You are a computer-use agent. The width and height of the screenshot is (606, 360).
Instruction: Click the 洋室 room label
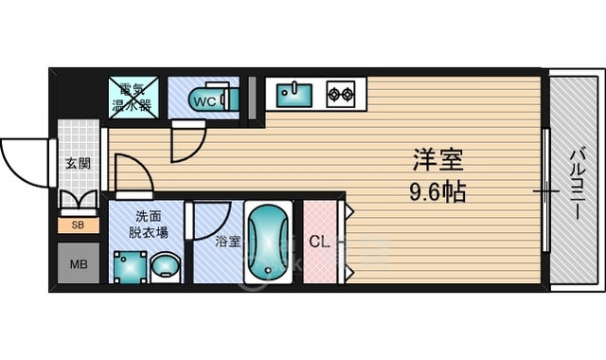(437, 160)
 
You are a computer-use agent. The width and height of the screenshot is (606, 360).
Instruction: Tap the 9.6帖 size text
(437, 191)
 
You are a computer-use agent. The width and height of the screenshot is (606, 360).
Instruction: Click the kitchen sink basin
(294, 95)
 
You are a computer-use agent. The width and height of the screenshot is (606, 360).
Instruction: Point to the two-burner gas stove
(341, 94)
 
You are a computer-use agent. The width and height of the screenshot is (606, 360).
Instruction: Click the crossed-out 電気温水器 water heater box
(134, 98)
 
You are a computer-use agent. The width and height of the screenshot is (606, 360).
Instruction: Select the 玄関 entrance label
(78, 164)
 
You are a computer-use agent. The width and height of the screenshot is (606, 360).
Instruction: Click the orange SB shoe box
(79, 225)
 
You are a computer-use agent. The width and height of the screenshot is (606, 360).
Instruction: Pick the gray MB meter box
(79, 263)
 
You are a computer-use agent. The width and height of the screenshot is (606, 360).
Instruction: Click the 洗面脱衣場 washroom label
(148, 225)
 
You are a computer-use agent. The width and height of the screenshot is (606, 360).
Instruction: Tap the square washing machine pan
(131, 267)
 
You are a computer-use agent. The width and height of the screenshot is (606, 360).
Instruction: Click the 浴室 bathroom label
(228, 242)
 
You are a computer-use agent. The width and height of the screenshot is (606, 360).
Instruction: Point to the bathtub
(268, 243)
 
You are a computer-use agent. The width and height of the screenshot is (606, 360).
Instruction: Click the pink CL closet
(320, 242)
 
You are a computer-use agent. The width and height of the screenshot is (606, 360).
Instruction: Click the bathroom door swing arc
(223, 229)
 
